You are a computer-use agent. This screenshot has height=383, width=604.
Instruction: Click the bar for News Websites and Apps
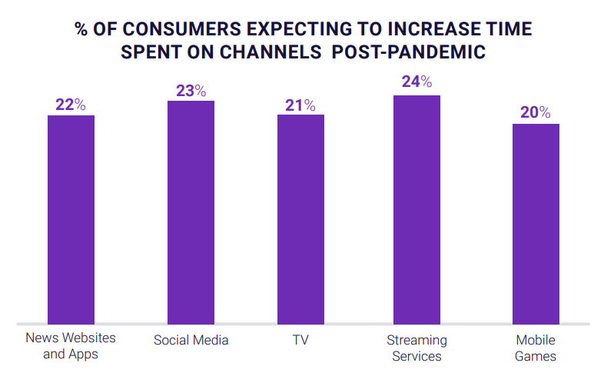point(71,219)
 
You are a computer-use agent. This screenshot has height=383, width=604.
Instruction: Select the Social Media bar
point(191,212)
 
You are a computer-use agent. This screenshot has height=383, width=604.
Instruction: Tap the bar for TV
point(300,219)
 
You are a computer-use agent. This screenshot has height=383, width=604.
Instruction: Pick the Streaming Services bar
point(416,209)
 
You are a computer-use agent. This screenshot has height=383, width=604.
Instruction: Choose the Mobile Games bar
point(536,223)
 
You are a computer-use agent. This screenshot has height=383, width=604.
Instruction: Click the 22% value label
point(71,105)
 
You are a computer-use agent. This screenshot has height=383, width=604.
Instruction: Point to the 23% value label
point(191,91)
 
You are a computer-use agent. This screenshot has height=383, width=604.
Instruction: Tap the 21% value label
point(300,105)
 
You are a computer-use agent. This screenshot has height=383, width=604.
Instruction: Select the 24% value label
point(416,82)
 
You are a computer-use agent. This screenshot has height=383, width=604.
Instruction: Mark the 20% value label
point(536,113)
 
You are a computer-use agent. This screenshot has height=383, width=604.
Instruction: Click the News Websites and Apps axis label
point(71,346)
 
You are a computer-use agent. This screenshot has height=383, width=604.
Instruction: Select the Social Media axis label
point(191,340)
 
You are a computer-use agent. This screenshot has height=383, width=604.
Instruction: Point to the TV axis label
point(300,339)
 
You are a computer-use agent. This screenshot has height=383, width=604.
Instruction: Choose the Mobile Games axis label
point(536,348)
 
